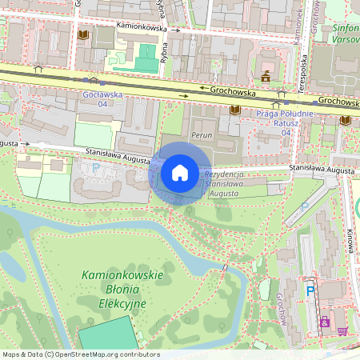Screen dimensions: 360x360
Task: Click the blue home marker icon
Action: click(180, 173)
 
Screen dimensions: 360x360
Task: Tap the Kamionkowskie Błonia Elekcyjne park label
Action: click(122, 290)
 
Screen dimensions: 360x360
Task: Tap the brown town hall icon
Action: click(266, 76)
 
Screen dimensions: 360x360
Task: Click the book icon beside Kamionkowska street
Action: click(84, 36)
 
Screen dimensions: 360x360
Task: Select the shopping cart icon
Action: click(343, 331)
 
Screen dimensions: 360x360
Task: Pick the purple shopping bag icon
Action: click(324, 322)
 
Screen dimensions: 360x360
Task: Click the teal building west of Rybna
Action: click(145, 58)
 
